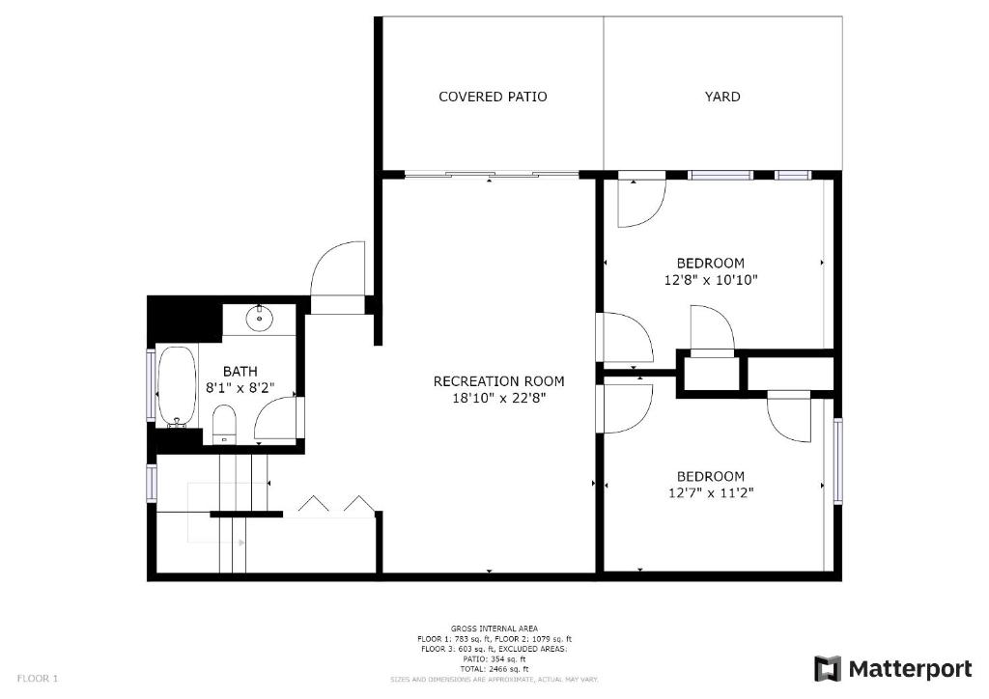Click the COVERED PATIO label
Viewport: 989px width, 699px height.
tap(493, 97)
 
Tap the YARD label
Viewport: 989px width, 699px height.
tap(722, 97)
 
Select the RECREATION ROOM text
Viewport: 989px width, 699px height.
tap(498, 380)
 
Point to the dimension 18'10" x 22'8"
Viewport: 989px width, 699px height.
tap(498, 398)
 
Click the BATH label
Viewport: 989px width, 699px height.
tap(240, 372)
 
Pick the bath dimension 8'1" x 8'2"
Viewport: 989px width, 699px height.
tap(240, 387)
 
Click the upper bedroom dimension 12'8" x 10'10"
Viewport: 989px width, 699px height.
tap(710, 279)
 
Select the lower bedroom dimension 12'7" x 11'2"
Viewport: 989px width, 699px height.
tap(710, 492)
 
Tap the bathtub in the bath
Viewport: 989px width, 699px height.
tap(177, 386)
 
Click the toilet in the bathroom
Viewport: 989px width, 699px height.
tap(223, 424)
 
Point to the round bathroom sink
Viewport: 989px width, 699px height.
tap(259, 318)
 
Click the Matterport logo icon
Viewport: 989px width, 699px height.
tap(828, 669)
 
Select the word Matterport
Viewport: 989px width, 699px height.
tap(910, 669)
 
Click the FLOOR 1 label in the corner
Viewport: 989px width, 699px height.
tap(38, 679)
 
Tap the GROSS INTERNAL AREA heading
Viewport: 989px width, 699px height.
tap(494, 629)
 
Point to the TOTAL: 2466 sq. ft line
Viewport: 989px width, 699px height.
tap(494, 669)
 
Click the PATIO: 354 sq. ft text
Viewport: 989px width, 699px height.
tap(494, 658)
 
